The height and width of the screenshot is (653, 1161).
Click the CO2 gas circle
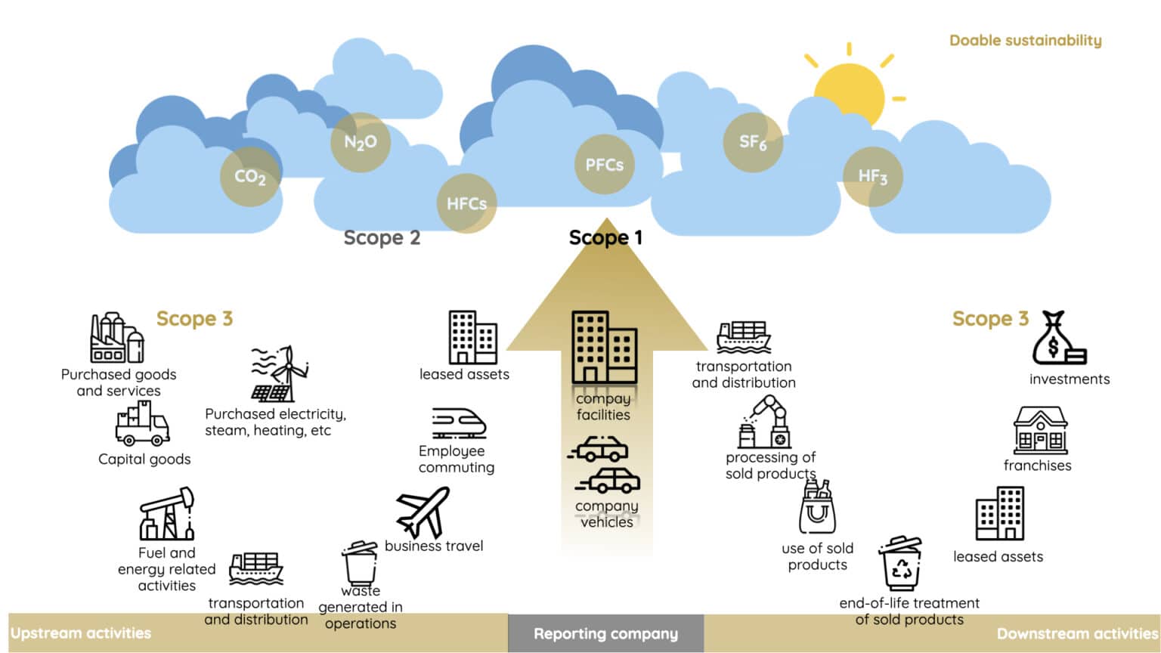(250, 177)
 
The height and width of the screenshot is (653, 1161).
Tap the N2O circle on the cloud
(361, 142)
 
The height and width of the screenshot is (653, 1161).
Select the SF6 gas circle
(753, 142)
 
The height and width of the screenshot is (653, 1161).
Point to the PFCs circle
(604, 165)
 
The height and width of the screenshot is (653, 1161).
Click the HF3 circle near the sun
(872, 176)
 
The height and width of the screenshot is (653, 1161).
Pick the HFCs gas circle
(466, 203)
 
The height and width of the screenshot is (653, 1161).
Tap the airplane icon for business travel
(423, 512)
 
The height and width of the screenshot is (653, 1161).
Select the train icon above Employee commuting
(458, 424)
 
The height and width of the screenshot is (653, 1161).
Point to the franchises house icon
(1040, 430)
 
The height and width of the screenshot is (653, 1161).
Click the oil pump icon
(167, 514)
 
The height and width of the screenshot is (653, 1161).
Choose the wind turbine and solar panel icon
(280, 374)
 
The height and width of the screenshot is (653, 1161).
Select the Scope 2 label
(382, 238)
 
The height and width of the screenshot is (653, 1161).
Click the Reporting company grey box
(605, 633)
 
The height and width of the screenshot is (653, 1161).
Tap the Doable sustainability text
(1025, 41)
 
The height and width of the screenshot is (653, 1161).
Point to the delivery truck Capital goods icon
(142, 425)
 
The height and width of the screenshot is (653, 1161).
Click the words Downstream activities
(1076, 633)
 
